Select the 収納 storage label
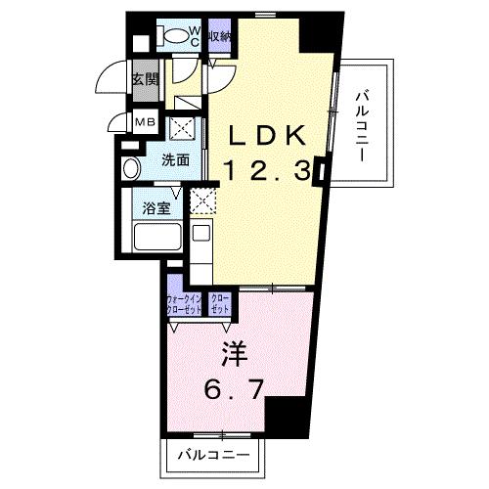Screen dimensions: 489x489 click(x=220, y=37)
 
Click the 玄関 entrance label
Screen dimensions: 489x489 click(x=145, y=80)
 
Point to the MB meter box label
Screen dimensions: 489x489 click(x=144, y=122)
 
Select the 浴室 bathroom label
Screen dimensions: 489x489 click(x=155, y=207)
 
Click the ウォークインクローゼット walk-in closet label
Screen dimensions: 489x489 click(x=184, y=304)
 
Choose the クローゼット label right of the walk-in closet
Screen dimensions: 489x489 click(x=220, y=304)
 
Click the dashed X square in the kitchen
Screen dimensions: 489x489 click(x=203, y=202)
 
